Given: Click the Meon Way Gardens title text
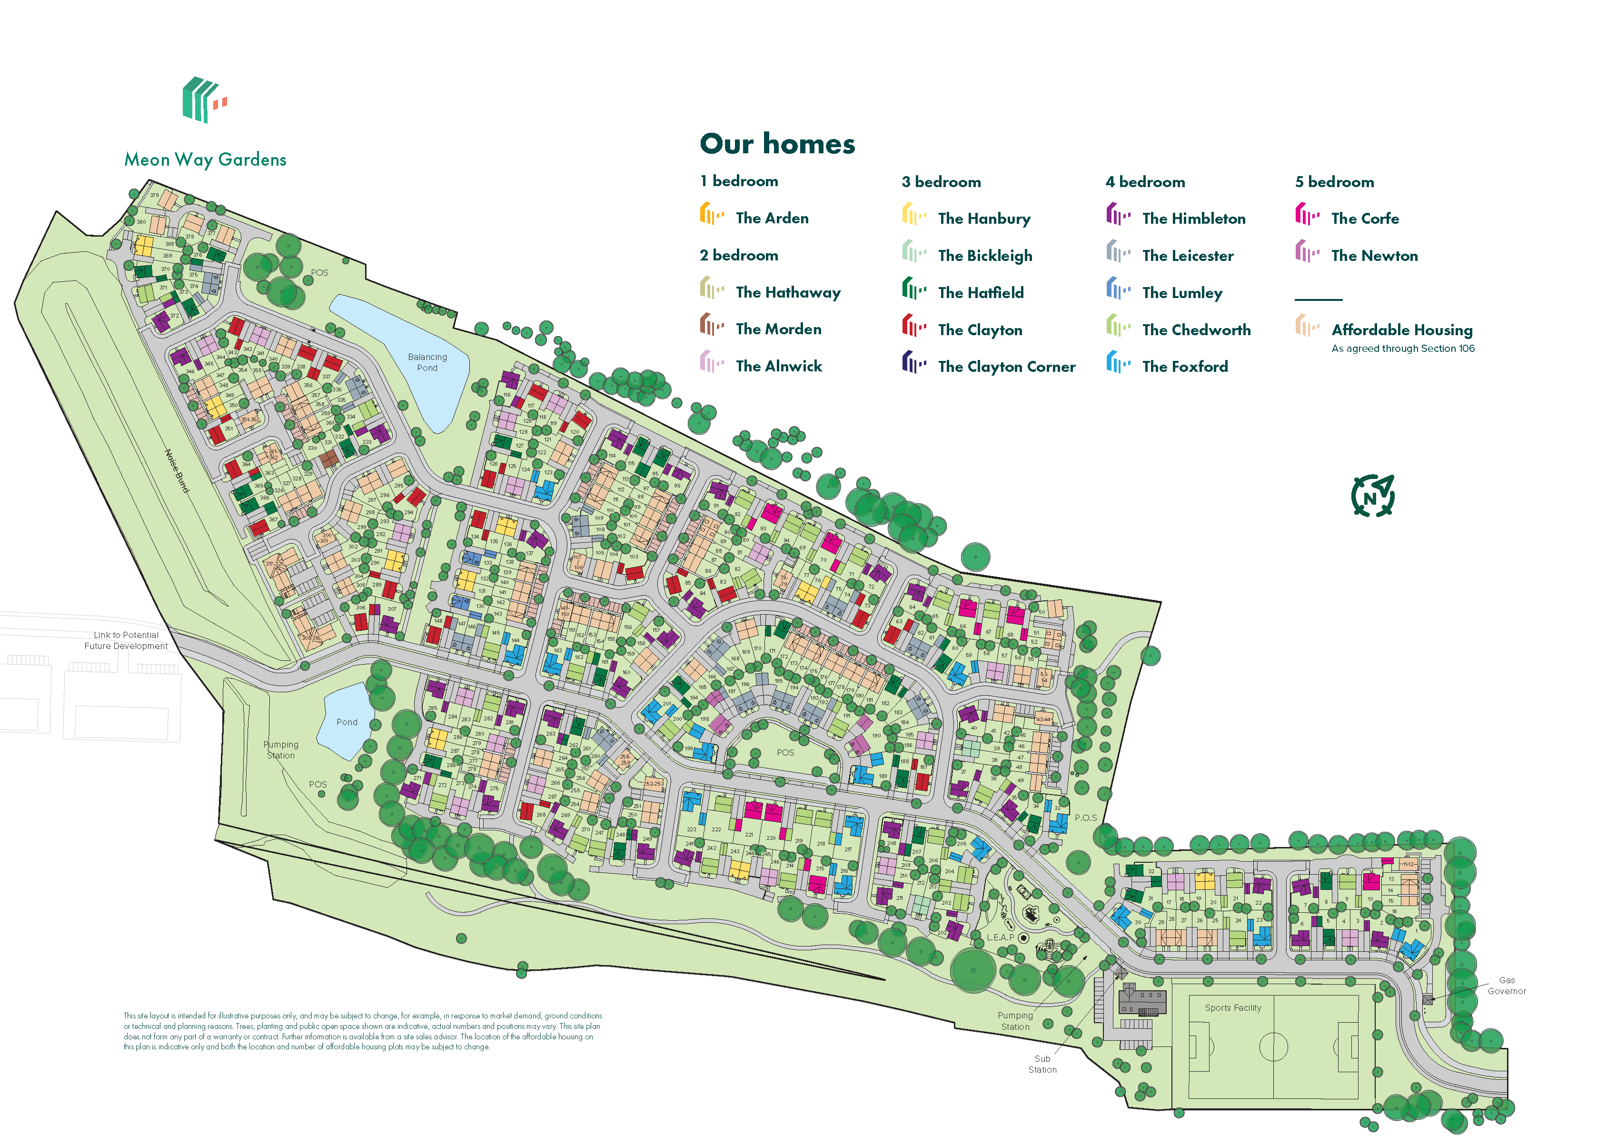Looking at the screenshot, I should [x=205, y=159].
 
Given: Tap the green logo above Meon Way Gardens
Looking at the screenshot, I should [x=204, y=100].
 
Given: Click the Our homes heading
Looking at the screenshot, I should [x=777, y=144].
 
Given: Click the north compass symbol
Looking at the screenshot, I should [x=1372, y=497].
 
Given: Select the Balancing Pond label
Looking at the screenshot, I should [x=427, y=362].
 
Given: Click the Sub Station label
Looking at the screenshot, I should [x=1042, y=1064].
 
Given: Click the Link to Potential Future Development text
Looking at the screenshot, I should [x=126, y=640].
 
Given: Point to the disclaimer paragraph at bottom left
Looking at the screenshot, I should [x=362, y=1031].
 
